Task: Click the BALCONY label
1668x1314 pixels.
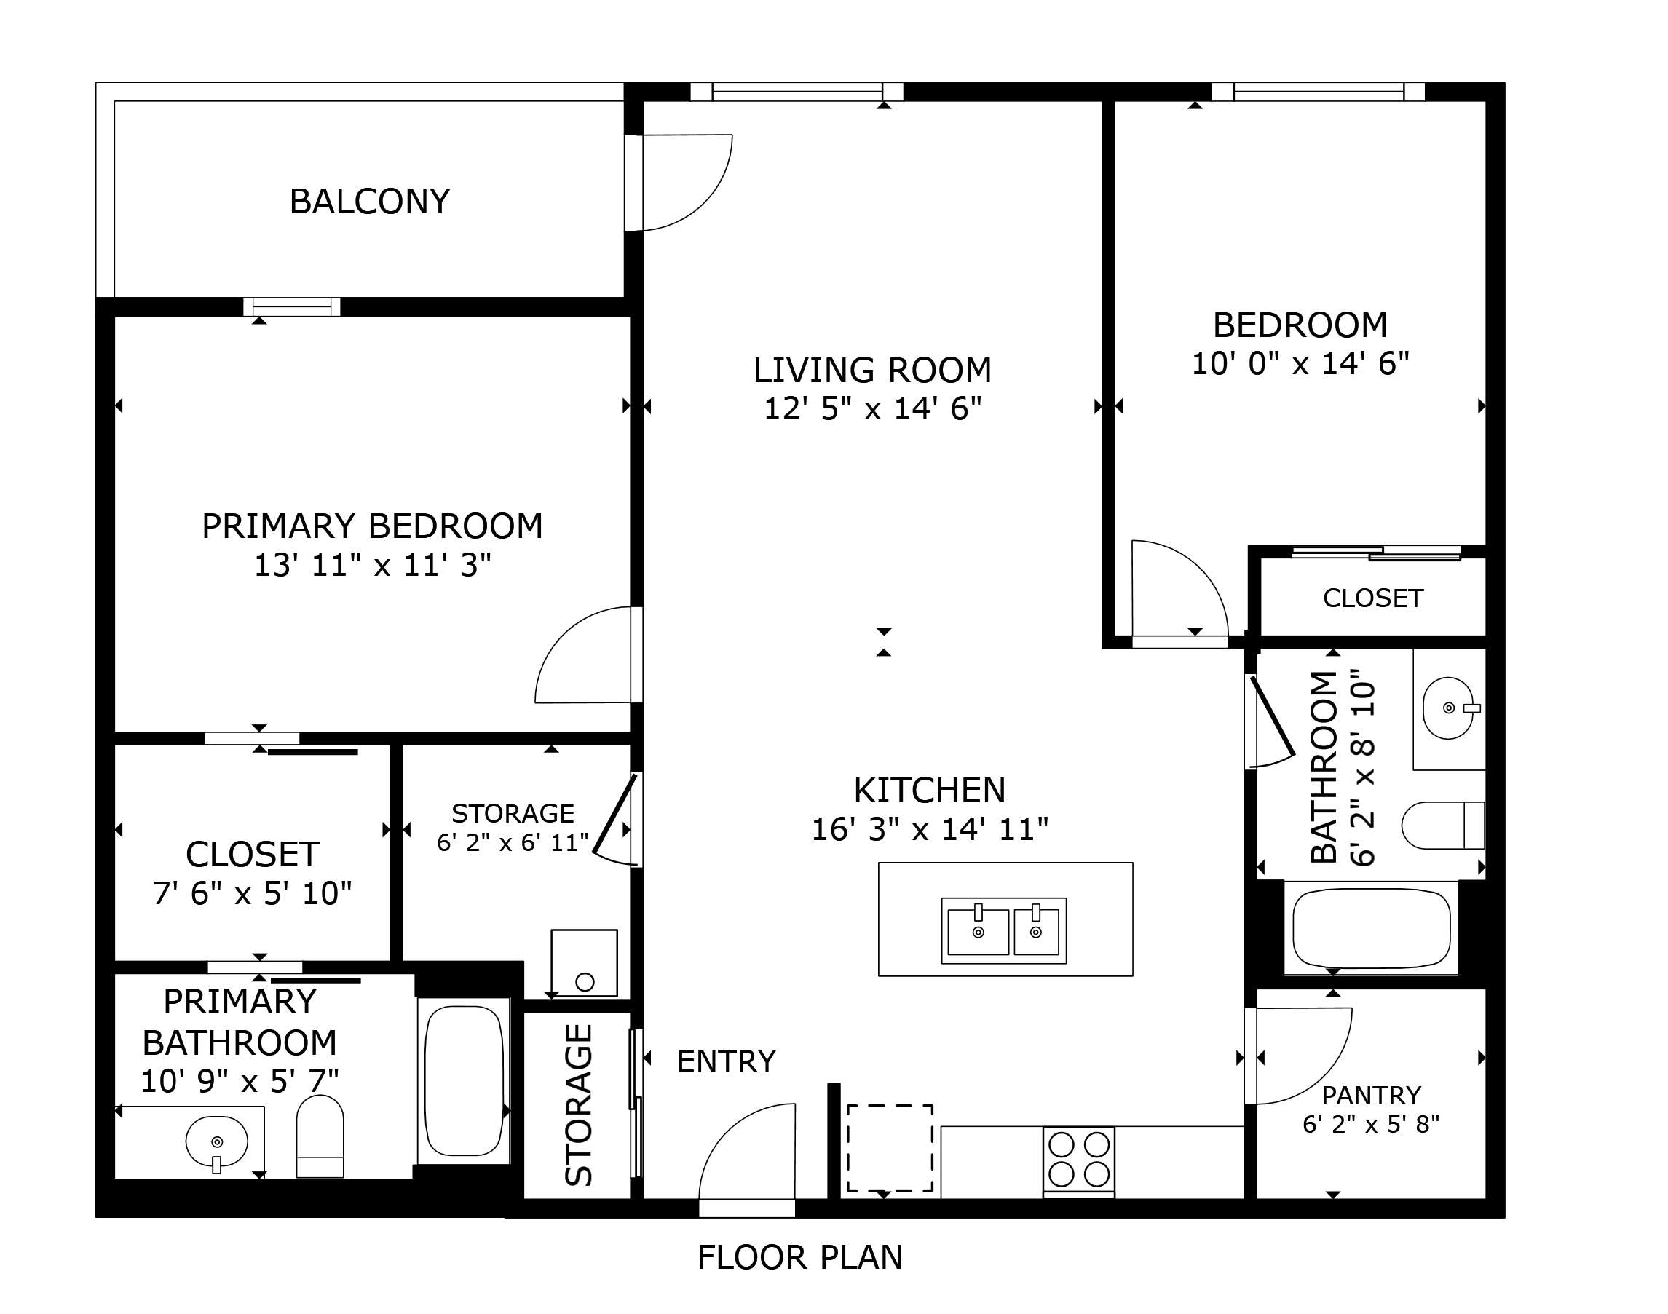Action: point(369,202)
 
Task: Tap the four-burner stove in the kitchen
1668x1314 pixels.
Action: point(1079,1160)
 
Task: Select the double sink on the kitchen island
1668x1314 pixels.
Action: point(1003,931)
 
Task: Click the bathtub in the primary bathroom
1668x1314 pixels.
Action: point(464,1081)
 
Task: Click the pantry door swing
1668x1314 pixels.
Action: point(1300,1058)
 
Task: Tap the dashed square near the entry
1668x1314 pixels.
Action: point(890,1148)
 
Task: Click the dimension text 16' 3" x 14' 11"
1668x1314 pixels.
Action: point(930,829)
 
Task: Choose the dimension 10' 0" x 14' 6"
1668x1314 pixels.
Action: point(1300,364)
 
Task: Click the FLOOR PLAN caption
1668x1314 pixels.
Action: point(799,1258)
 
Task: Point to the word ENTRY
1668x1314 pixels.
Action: point(726,1061)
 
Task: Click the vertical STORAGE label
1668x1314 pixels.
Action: point(579,1105)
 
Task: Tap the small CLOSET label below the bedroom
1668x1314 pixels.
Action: point(1372,598)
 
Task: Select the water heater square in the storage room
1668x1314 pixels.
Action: point(584,962)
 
